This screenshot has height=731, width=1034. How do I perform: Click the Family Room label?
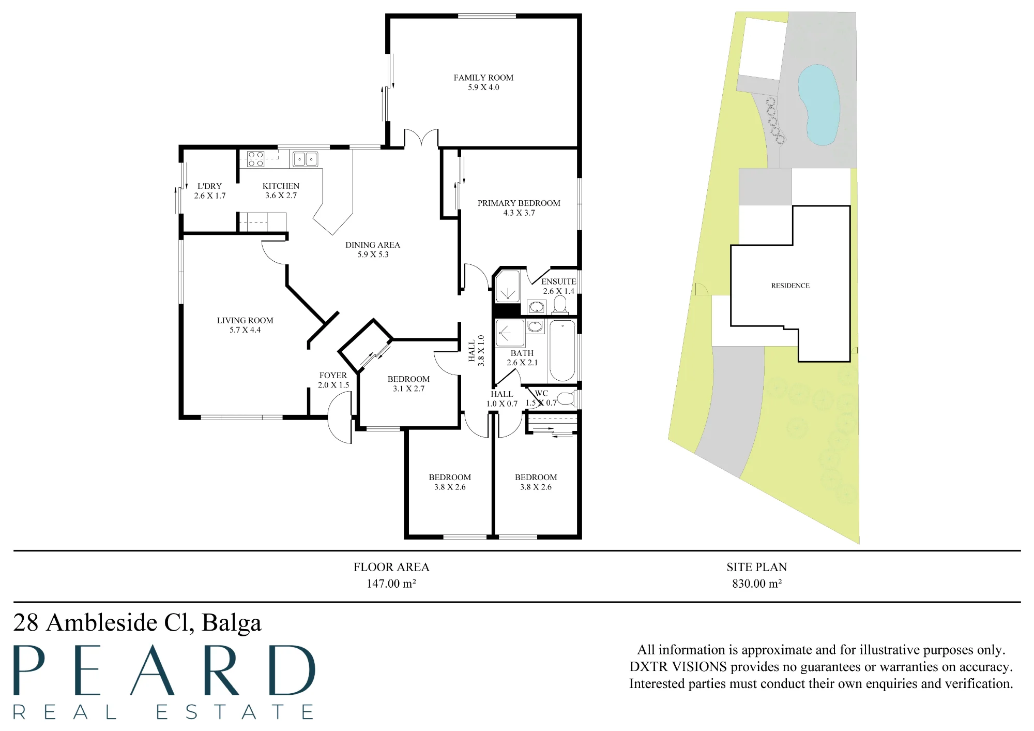click(x=483, y=78)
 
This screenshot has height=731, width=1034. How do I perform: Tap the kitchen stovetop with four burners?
click(x=256, y=159)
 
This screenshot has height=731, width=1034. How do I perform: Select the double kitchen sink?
click(x=305, y=159)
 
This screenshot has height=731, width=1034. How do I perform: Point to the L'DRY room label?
click(x=209, y=186)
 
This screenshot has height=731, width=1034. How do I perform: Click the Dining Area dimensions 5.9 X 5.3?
click(x=373, y=255)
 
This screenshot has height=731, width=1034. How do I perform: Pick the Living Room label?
click(x=245, y=320)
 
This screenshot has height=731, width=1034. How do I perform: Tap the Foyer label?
click(x=333, y=375)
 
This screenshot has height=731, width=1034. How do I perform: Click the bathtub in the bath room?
click(x=562, y=351)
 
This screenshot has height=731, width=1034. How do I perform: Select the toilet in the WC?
click(x=566, y=398)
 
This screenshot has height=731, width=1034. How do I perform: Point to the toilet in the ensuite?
click(x=559, y=305)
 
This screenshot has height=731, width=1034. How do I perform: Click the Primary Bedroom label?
click(x=519, y=203)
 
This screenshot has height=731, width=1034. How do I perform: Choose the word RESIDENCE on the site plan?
click(x=790, y=286)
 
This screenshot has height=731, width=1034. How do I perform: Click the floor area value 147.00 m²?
click(x=391, y=584)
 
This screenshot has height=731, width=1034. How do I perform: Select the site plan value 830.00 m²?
click(x=757, y=584)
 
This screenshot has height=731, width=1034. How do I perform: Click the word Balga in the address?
click(x=232, y=622)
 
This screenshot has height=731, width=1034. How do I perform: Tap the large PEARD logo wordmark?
click(x=164, y=670)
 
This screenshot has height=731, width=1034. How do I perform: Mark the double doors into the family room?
click(x=421, y=138)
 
